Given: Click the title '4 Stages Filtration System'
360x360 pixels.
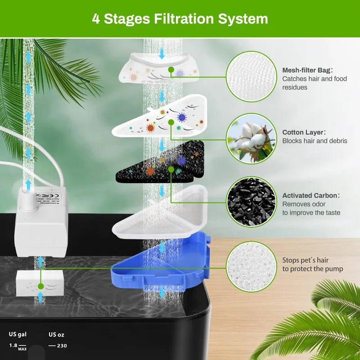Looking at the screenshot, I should click(x=180, y=19).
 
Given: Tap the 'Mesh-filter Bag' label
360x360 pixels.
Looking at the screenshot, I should click(x=307, y=70).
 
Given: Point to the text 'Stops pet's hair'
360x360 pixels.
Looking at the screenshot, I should click(x=306, y=260).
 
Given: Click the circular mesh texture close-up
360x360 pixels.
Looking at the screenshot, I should click(x=250, y=76).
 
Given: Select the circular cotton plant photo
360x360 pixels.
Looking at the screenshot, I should click(x=250, y=138).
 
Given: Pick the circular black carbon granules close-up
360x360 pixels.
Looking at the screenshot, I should click(x=250, y=201).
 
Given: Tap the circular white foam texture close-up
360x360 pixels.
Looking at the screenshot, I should click(x=250, y=266).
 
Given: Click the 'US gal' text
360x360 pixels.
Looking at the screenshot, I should click(x=18, y=334).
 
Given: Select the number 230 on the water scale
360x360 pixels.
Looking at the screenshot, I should click(x=62, y=346).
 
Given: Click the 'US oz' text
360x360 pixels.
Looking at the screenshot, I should click(x=57, y=334).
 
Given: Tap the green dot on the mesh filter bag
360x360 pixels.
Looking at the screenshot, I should click(x=171, y=70).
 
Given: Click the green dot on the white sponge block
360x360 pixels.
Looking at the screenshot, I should click(x=40, y=286).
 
